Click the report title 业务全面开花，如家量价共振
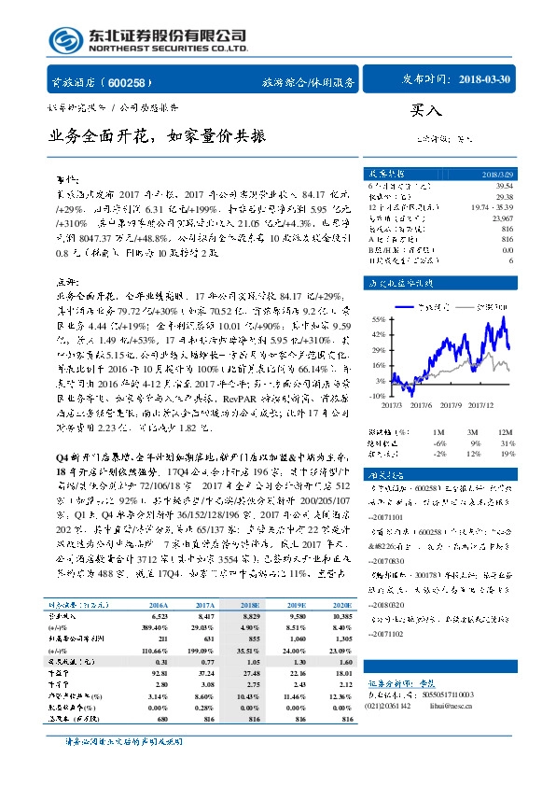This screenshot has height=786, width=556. pyautogui.click(x=158, y=136)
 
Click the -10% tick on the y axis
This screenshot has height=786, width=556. pyautogui.click(x=376, y=396)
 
